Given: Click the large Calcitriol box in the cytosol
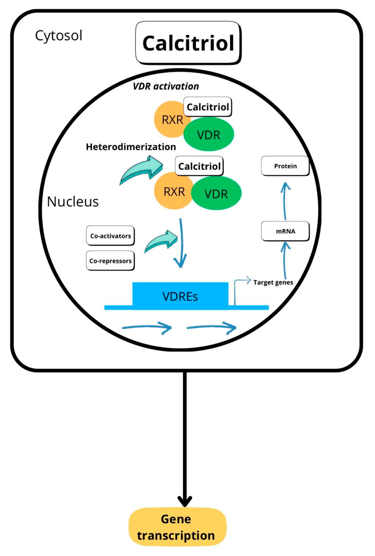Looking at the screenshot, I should pos(188,43).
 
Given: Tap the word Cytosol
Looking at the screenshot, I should pos(58,35).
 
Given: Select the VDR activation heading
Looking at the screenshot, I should pos(166,86).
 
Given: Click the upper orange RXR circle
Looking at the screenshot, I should pos(168,119).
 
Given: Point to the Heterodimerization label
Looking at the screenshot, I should pos(131,147).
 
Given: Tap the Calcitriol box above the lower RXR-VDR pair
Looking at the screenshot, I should pos(199,166).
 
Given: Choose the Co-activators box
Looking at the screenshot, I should pos(110,236).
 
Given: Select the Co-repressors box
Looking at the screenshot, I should pos(110,261).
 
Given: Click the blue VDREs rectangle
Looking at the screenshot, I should pos(180,296).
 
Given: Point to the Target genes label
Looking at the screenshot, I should pos(273,282).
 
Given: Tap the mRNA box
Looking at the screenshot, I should pos(285,231).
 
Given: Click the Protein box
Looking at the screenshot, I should pos(285,166).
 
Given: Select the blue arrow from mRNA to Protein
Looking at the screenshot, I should pos(285,201).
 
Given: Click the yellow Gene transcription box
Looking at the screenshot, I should pos(177,527).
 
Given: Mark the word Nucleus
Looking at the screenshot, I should pos(73,202).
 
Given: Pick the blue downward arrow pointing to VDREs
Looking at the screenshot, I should pos(181,243).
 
